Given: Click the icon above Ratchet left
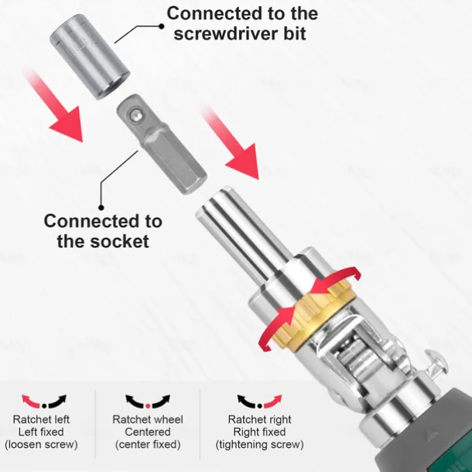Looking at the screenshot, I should [44, 402].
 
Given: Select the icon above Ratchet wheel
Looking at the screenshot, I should [147, 402].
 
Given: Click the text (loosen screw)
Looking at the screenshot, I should [44, 445].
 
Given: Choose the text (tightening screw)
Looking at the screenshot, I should [259, 445].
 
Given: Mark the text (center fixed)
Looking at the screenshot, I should [147, 445].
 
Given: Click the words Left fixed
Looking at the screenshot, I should [44, 432].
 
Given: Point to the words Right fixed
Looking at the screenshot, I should [259, 432].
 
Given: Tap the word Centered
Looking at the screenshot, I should [147, 432].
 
